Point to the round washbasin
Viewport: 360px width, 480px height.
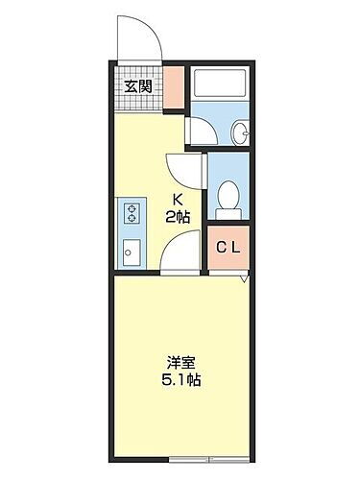[x=240, y=133]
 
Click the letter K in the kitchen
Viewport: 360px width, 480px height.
[x=176, y=199]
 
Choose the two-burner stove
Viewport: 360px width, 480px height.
[x=130, y=212]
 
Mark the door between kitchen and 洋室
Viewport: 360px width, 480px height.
[x=179, y=256]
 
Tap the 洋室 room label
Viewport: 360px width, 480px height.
[x=179, y=363]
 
